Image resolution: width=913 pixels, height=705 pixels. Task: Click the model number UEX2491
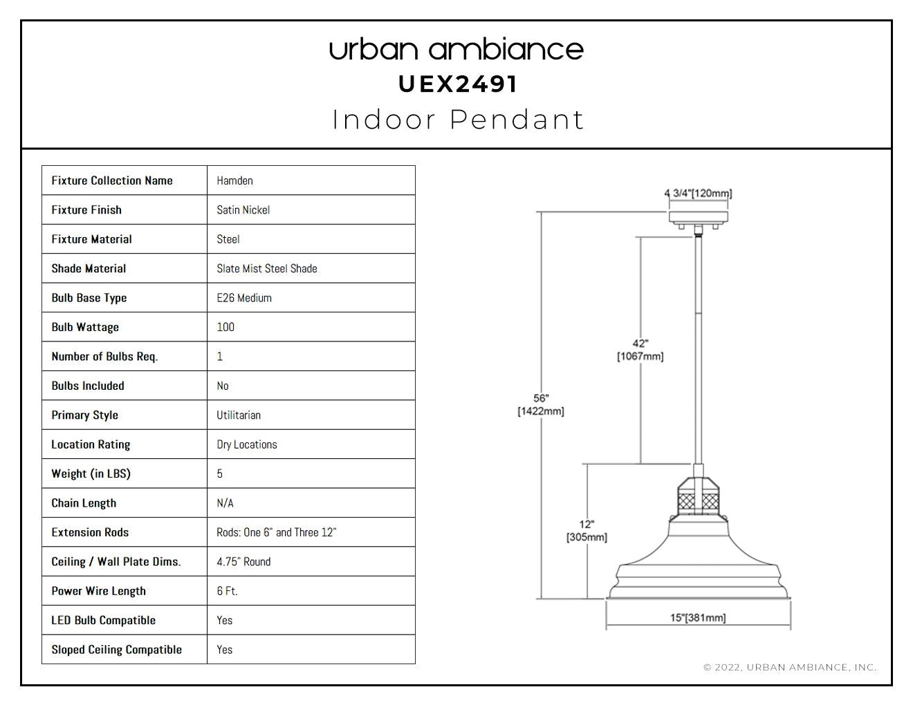tap(457, 84)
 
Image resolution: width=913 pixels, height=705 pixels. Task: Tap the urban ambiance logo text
tap(456, 50)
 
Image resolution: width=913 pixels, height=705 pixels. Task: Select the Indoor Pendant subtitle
tap(458, 120)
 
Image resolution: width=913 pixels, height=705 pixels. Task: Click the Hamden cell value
tap(234, 180)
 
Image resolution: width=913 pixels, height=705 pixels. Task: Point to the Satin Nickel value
tap(243, 210)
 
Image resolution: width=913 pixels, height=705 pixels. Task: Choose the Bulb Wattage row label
tap(85, 327)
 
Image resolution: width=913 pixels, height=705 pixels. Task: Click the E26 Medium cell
tap(243, 298)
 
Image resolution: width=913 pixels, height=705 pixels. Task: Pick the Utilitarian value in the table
tap(238, 415)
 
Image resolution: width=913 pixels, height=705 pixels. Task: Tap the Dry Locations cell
tap(247, 444)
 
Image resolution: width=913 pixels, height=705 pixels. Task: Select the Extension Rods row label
tap(90, 532)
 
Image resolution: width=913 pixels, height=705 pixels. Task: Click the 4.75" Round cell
tap(243, 561)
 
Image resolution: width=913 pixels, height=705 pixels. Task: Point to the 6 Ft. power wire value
tap(227, 591)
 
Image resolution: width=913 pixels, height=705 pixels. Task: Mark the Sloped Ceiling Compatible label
tap(116, 650)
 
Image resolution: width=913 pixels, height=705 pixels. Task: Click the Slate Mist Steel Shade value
tap(267, 268)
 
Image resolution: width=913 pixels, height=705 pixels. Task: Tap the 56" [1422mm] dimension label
tap(541, 405)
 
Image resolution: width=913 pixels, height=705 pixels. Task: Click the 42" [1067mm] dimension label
tap(640, 350)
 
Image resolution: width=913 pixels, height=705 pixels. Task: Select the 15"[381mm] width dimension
tap(698, 618)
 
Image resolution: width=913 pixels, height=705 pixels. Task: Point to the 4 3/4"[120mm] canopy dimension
tap(698, 193)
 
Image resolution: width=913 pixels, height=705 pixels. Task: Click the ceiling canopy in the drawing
tap(699, 218)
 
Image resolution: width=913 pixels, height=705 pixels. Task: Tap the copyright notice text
tap(790, 667)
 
